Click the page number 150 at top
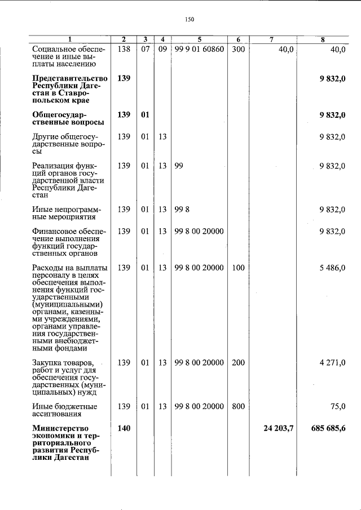189,20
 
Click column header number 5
199,39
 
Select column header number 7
271,39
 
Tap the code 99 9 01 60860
199,49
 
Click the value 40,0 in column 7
286,49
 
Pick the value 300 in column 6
238,49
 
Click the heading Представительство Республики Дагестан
69,89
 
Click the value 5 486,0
332,268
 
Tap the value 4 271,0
332,362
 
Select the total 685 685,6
328,429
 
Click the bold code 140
124,429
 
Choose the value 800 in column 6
238,406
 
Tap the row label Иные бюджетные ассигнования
64,410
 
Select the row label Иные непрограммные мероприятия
64,213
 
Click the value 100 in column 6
238,268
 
